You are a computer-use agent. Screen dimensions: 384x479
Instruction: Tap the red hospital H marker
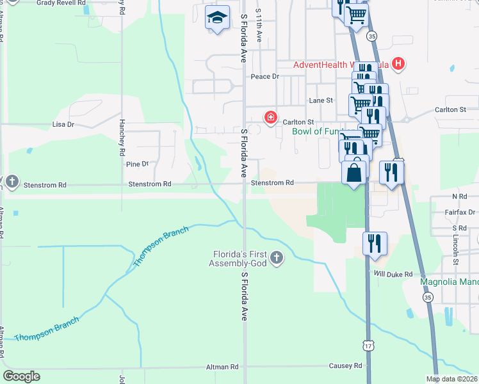coord(398,63)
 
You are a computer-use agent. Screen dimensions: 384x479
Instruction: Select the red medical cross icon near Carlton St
coord(270,118)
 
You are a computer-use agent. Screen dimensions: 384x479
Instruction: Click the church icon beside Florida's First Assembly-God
coord(277,257)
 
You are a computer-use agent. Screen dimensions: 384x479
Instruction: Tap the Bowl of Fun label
coord(314,132)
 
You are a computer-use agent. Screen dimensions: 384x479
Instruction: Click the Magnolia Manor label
coord(448,282)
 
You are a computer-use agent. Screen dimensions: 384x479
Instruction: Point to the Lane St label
coord(321,100)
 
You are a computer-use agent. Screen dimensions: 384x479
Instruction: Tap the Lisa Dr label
coord(63,124)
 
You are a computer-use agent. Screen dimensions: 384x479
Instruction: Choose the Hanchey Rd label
coord(120,138)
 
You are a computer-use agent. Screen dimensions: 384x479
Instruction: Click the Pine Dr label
coord(137,164)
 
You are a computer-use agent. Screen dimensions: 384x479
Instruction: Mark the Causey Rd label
coord(346,366)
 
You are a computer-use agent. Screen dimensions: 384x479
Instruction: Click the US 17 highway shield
coord(368,345)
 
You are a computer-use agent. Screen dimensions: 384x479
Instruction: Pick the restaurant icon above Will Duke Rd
coord(375,243)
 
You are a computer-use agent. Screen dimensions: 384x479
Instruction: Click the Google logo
coord(21,376)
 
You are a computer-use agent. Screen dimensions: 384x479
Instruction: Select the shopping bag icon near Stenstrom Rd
coord(355,172)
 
